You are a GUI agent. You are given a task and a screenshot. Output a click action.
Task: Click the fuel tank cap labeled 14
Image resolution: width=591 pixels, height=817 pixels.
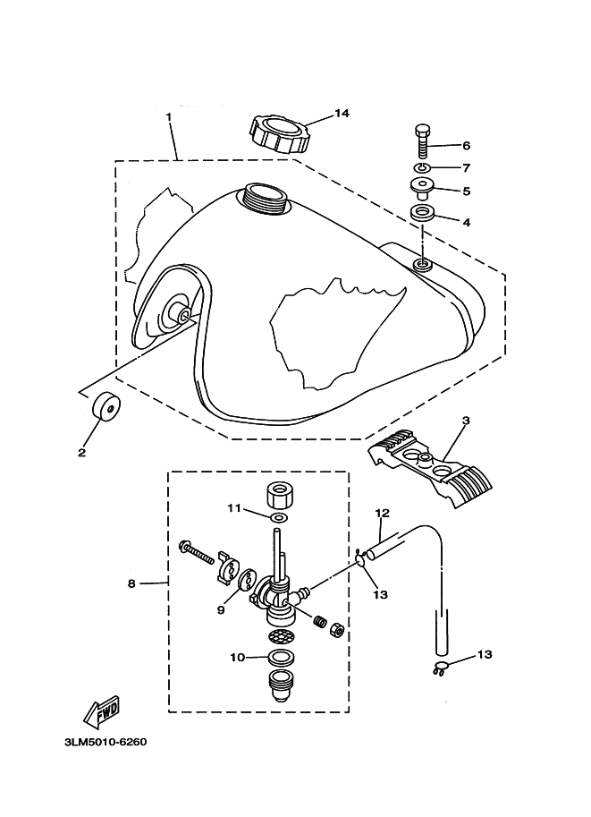[279, 135]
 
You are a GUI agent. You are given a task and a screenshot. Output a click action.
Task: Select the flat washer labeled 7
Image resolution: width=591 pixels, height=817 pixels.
[423, 167]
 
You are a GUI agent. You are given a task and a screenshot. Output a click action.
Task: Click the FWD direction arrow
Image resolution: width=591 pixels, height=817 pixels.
[100, 711]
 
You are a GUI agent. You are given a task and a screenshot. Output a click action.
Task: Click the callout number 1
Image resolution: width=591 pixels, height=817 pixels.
[168, 117]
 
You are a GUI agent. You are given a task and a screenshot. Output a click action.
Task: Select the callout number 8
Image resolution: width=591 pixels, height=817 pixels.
[131, 583]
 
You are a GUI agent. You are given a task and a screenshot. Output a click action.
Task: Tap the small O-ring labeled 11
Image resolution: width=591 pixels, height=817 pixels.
[278, 517]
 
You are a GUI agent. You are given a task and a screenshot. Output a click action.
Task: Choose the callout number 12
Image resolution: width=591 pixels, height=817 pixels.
[382, 514]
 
